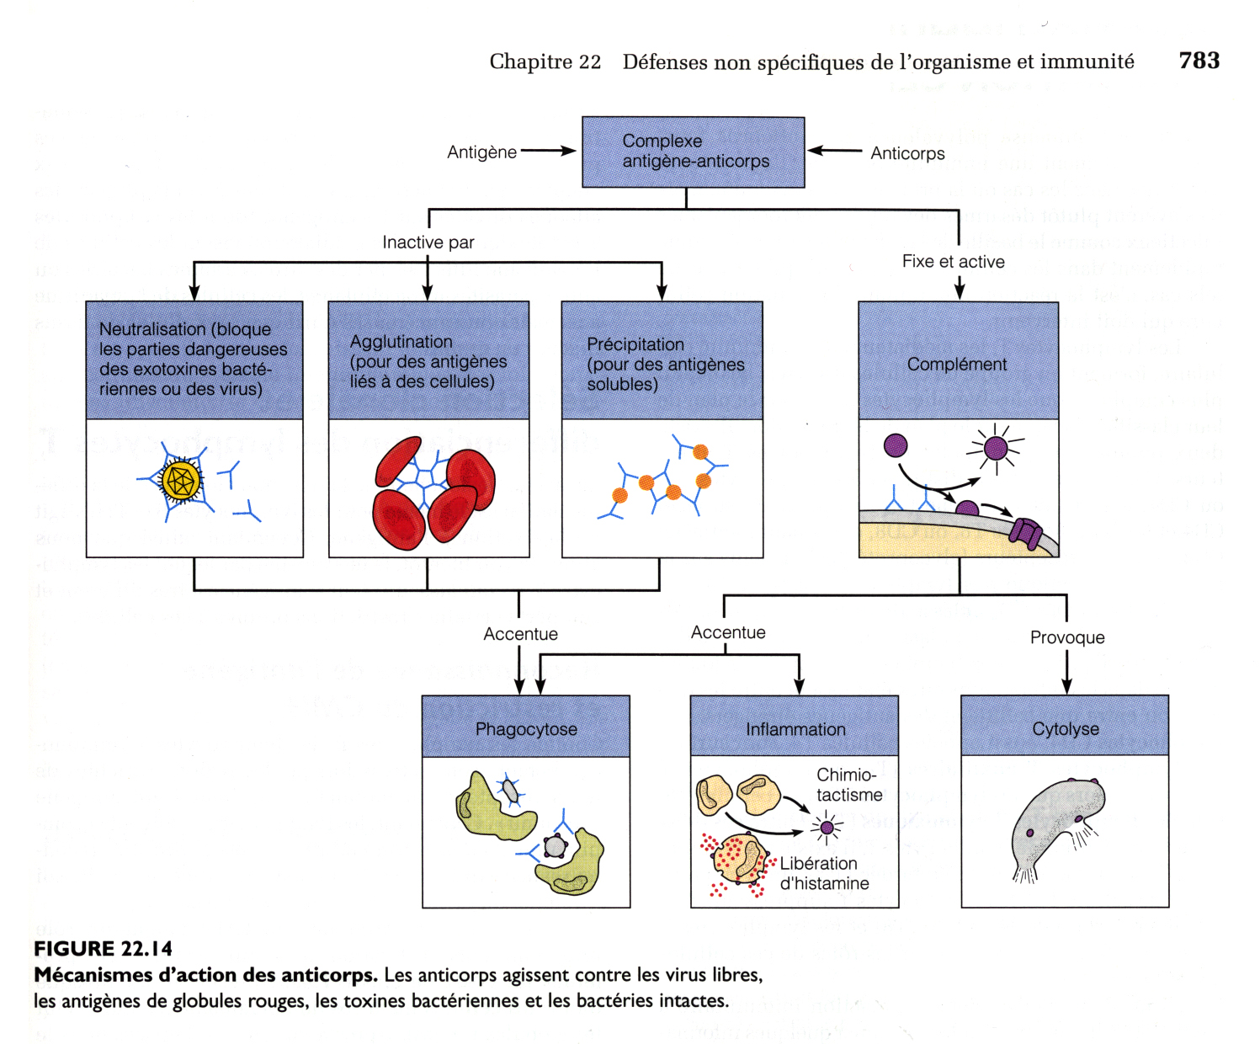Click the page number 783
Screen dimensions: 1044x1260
pyautogui.click(x=1199, y=61)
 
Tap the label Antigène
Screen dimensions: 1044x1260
pyautogui.click(x=481, y=152)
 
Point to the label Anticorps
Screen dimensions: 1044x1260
pyautogui.click(x=907, y=153)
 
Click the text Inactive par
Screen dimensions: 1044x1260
pyautogui.click(x=428, y=242)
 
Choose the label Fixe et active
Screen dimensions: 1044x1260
pyautogui.click(x=953, y=262)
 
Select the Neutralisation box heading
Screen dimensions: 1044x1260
pyautogui.click(x=194, y=360)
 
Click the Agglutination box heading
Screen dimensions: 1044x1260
pyautogui.click(x=428, y=361)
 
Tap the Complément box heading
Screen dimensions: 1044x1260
pyautogui.click(x=957, y=364)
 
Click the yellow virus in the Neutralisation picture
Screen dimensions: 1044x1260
pyautogui.click(x=181, y=481)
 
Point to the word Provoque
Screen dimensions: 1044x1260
pyautogui.click(x=1066, y=637)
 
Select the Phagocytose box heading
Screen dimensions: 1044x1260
pyautogui.click(x=526, y=728)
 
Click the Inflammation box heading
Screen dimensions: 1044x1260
pyautogui.click(x=795, y=729)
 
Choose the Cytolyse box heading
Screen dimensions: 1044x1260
pyautogui.click(x=1065, y=728)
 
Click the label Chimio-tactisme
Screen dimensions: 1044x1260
pyautogui.click(x=848, y=785)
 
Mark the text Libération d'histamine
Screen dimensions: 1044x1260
pyautogui.click(x=823, y=873)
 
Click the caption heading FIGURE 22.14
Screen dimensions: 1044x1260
pyautogui.click(x=103, y=949)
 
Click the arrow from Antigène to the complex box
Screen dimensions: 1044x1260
pyautogui.click(x=548, y=152)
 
